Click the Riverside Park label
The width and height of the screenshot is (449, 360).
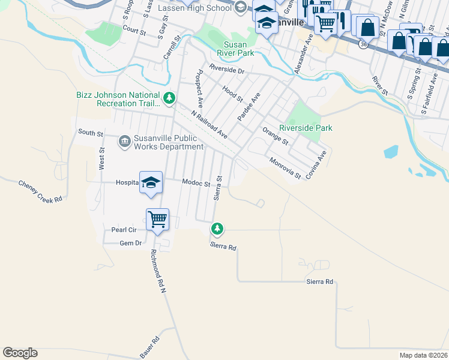point(306,128)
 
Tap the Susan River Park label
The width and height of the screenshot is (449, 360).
point(239,49)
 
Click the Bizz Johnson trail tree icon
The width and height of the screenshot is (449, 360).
point(170,97)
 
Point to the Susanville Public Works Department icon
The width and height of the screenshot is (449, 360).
point(124,142)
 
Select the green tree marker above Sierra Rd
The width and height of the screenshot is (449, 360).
point(217,228)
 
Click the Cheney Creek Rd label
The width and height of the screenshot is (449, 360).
point(40,191)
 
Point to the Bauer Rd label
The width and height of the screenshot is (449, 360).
point(150,348)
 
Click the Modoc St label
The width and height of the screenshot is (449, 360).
point(196,182)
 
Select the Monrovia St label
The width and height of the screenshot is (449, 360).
point(285,168)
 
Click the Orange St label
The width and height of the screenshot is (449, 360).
point(276,136)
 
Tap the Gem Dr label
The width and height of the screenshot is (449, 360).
point(130,243)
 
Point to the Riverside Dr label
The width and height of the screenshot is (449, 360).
point(227,70)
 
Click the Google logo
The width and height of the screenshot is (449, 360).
point(20,353)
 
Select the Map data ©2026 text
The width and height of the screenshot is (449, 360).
point(423,355)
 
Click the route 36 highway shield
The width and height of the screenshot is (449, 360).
point(364,44)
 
